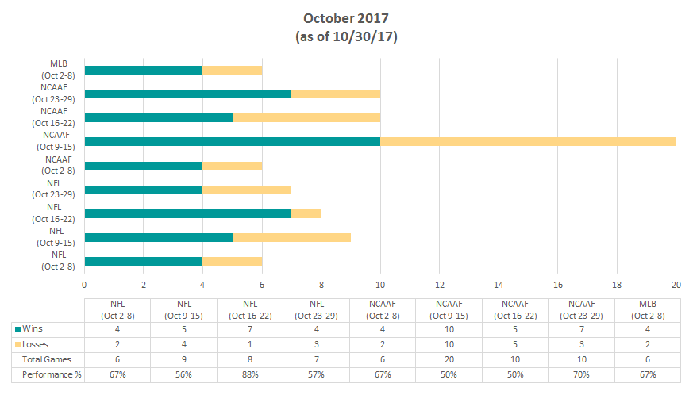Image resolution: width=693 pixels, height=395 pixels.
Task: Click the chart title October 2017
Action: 345,17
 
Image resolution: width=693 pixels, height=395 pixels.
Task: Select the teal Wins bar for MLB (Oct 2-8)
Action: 144,70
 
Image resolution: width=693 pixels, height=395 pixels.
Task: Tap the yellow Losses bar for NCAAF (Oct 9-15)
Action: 528,141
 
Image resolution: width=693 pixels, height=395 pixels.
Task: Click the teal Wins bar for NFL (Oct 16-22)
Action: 188,213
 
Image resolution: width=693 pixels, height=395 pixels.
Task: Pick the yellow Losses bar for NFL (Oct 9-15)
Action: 291,237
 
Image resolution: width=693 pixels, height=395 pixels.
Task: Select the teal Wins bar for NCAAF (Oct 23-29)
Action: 188,94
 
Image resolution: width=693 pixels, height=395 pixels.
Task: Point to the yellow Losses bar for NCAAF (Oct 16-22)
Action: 306,117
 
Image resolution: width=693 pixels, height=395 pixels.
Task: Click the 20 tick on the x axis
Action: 676,284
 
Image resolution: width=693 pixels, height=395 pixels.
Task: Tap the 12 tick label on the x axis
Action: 439,284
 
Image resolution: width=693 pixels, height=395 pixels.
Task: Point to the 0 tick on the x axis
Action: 84,284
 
